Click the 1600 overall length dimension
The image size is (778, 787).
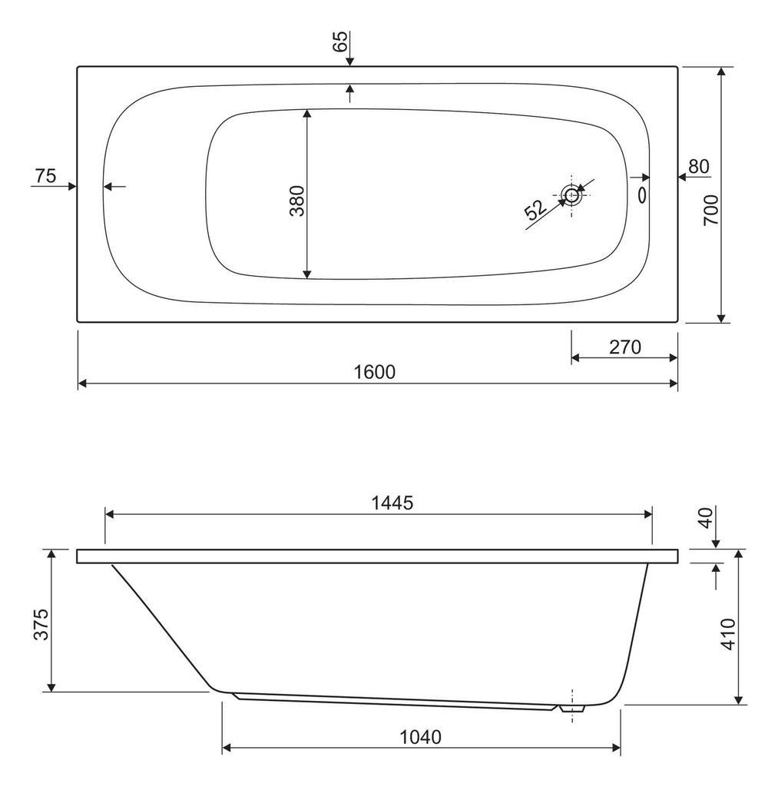click(x=375, y=372)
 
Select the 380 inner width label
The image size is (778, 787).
click(x=297, y=201)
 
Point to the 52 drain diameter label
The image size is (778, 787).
click(x=536, y=210)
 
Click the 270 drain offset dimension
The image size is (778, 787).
click(x=625, y=347)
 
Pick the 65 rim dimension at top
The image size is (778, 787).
click(x=339, y=42)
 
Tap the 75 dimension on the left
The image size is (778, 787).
click(x=45, y=176)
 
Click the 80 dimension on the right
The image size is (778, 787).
click(x=699, y=166)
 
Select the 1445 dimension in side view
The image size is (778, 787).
click(x=392, y=503)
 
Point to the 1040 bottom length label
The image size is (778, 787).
click(x=420, y=737)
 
